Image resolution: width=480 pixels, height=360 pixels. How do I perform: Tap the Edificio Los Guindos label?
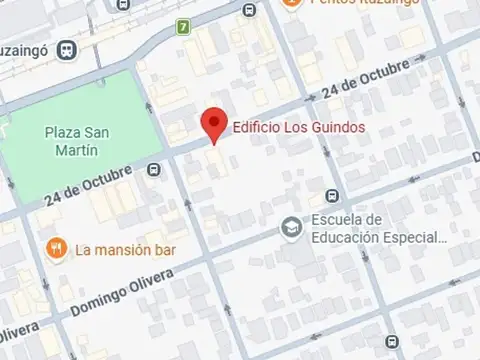click(284, 127)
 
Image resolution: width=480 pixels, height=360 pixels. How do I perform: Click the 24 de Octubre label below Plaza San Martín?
click(87, 187)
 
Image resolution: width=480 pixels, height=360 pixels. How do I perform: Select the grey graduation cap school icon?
click(291, 228)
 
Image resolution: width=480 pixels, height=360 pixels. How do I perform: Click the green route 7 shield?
click(183, 26)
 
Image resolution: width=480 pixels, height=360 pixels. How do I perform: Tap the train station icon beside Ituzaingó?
click(67, 48)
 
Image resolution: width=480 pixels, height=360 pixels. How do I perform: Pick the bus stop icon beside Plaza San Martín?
click(153, 170)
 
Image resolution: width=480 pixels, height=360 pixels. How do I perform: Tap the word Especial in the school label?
click(416, 237)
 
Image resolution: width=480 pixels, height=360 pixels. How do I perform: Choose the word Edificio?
click(253, 127)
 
